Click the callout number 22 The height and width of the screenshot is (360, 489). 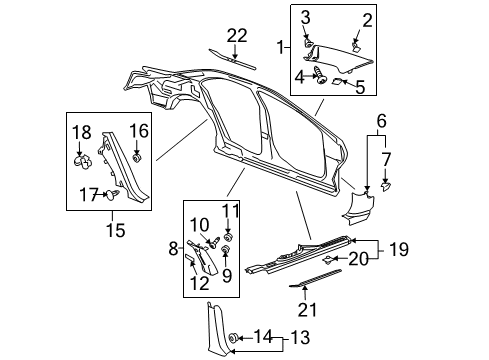[x=236, y=35]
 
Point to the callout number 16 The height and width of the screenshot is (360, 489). [x=138, y=131]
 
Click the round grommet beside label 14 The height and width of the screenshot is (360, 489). [x=235, y=337]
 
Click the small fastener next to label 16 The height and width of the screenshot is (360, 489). [x=138, y=158]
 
